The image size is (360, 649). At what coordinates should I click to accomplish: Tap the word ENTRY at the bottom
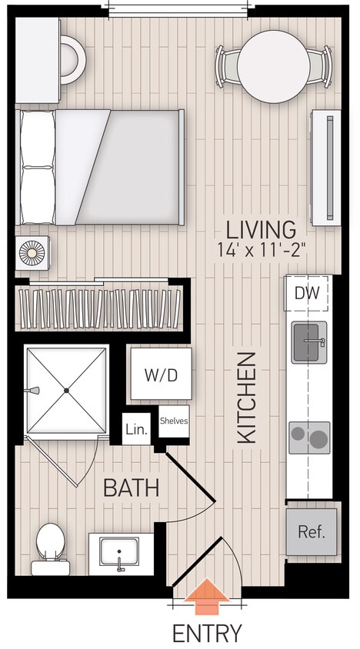pyautogui.click(x=207, y=633)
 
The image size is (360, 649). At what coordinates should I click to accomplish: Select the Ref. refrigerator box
pyautogui.click(x=312, y=531)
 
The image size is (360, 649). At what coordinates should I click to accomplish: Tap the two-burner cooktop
pyautogui.click(x=309, y=438)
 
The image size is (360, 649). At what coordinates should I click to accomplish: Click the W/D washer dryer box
pyautogui.click(x=160, y=374)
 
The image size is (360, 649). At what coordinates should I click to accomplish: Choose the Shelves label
pyautogui.click(x=173, y=421)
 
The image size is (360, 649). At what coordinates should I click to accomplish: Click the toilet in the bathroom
pyautogui.click(x=51, y=547)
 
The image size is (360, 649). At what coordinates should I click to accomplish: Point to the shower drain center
pyautogui.click(x=67, y=391)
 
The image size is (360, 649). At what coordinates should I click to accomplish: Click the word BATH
pyautogui.click(x=131, y=487)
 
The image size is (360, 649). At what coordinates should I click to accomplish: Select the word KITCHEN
pyautogui.click(x=246, y=398)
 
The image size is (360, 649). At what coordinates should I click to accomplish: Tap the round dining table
pyautogui.click(x=274, y=65)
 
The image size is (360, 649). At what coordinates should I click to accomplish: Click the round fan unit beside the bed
pyautogui.click(x=33, y=254)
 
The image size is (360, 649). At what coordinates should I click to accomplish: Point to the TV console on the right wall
pyautogui.click(x=325, y=168)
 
